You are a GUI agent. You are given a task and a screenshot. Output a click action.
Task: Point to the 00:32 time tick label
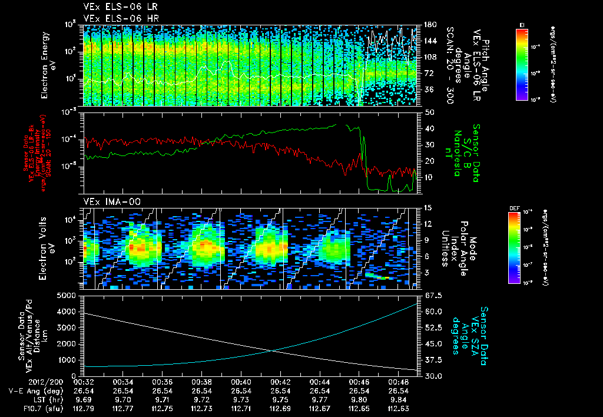coord(84,382)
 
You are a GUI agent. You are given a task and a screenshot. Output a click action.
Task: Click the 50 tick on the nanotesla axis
coord(429,112)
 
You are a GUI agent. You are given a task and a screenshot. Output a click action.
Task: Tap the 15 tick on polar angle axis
coord(428,208)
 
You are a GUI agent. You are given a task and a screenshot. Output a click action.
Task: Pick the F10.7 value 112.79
coord(84,408)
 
